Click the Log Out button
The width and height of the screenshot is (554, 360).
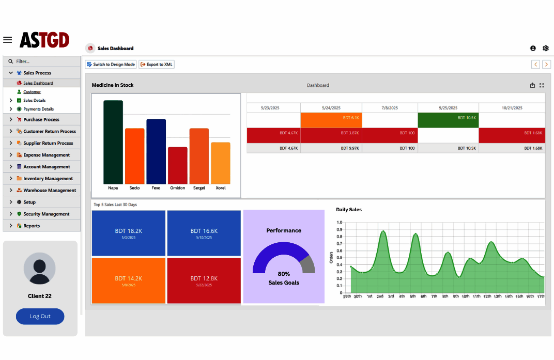click(x=40, y=316)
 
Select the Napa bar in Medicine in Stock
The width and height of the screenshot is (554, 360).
click(x=113, y=142)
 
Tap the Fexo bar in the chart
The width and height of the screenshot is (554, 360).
click(x=156, y=151)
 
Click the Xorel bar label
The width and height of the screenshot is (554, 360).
click(x=221, y=188)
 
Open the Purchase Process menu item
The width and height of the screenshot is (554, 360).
click(x=41, y=119)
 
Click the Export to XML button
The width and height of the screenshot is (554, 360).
click(x=157, y=64)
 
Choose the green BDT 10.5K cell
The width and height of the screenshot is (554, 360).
click(x=448, y=120)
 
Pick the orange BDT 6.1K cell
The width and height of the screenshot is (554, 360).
click(x=331, y=120)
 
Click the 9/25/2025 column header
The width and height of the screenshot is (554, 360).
click(x=448, y=108)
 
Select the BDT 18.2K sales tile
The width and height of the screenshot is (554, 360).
click(x=129, y=233)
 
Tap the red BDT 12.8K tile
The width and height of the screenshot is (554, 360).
click(x=204, y=280)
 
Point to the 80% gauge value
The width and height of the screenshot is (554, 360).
click(x=284, y=274)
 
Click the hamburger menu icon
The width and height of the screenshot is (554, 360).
click(x=7, y=40)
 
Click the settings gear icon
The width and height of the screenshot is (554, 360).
click(x=546, y=48)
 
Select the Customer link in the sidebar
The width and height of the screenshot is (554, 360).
click(x=32, y=92)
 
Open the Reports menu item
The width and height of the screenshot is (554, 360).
click(x=32, y=226)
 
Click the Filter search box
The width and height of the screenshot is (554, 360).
click(x=42, y=61)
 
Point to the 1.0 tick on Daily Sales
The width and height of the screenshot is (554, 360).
click(x=339, y=222)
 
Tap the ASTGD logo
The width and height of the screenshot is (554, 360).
click(x=44, y=40)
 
